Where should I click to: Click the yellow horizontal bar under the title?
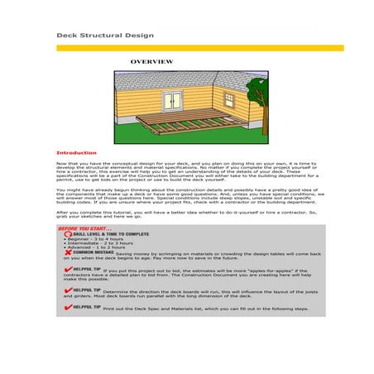[199, 48]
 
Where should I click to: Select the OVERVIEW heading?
[151, 62]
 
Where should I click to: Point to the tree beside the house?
[257, 95]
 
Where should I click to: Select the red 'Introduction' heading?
[76, 153]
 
